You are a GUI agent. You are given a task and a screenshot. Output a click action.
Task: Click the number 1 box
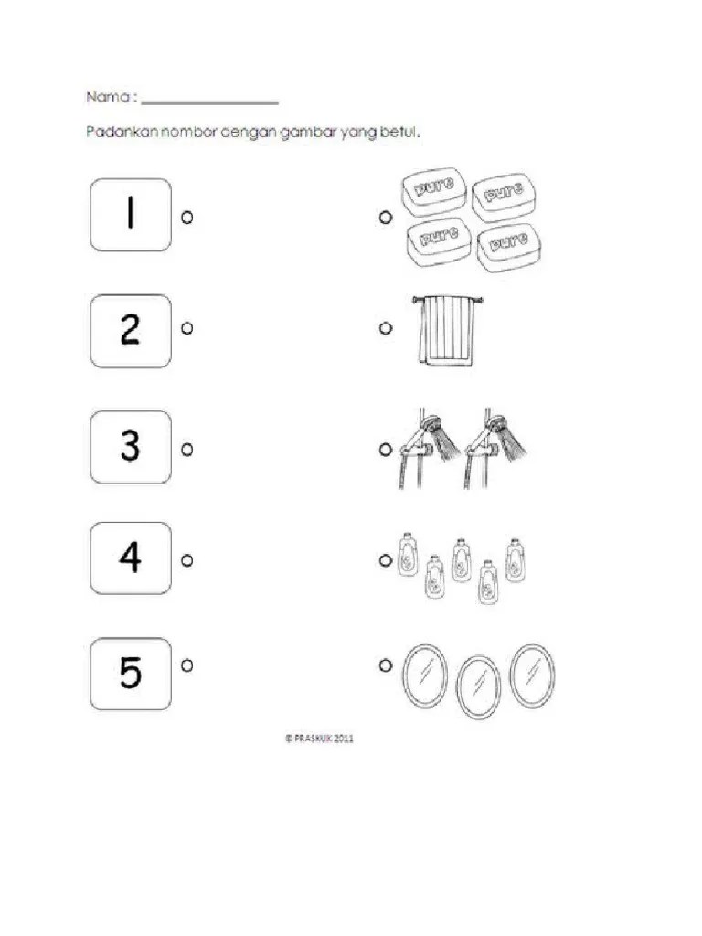tap(130, 215)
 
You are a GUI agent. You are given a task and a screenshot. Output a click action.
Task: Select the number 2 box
tap(130, 330)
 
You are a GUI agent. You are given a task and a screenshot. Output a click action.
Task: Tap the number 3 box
tap(130, 447)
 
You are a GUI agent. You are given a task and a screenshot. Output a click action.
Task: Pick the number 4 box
tap(130, 558)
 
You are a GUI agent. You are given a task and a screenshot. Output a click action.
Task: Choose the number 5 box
tap(130, 674)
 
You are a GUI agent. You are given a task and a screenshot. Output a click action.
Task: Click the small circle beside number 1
tap(186, 217)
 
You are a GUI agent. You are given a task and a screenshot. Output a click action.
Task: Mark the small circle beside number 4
tap(186, 560)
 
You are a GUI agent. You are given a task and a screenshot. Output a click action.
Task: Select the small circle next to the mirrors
tap(385, 665)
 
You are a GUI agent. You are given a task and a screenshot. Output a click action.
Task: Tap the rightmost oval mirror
tap(532, 675)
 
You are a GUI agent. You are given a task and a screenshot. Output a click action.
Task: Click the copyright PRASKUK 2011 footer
tap(319, 739)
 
